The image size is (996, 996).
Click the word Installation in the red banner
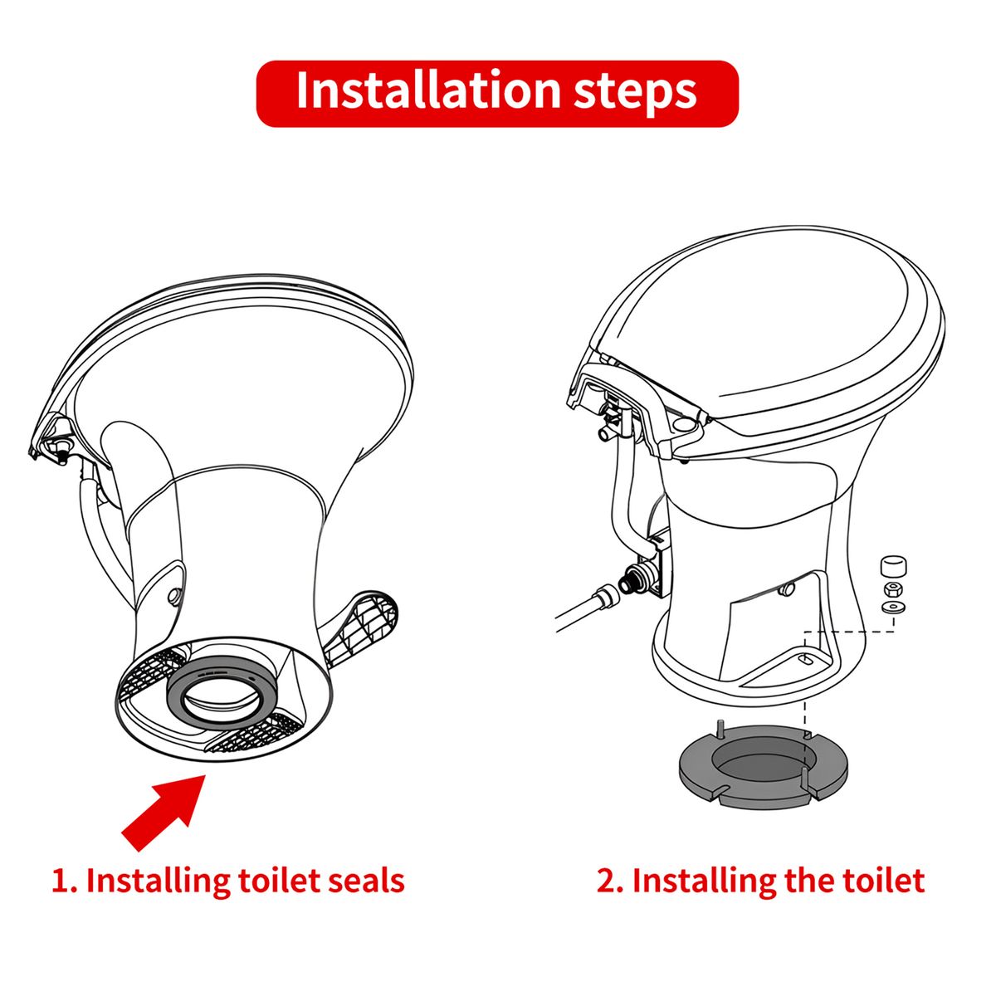(428, 90)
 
